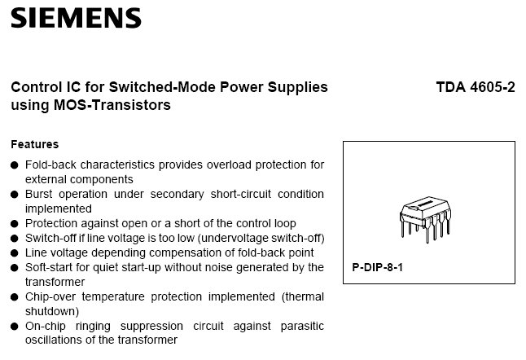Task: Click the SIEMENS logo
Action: click(x=77, y=18)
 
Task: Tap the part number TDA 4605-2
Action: click(x=476, y=87)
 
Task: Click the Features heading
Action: click(x=34, y=144)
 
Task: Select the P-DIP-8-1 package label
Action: click(x=377, y=267)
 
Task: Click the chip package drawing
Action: click(x=425, y=219)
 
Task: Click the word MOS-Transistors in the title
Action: click(x=112, y=105)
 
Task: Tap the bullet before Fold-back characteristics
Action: click(x=15, y=165)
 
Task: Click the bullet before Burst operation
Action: click(x=15, y=195)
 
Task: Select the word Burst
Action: click(x=39, y=194)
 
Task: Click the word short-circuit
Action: click(x=240, y=194)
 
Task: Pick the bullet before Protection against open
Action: click(x=15, y=223)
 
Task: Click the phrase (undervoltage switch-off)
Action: click(x=261, y=238)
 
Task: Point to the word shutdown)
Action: click(x=52, y=311)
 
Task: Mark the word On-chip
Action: click(x=46, y=326)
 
